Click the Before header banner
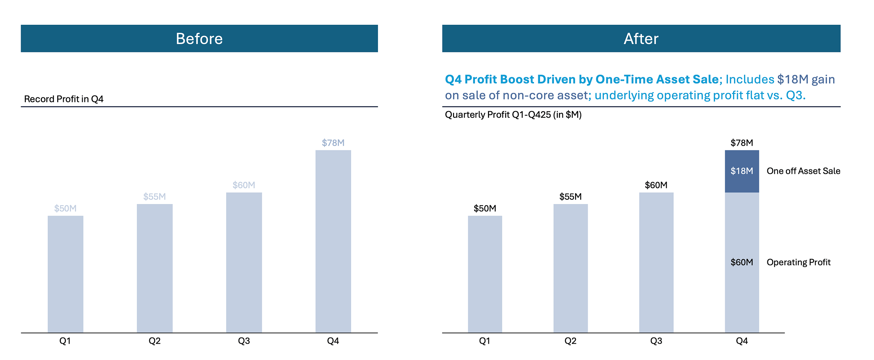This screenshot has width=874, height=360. click(x=199, y=39)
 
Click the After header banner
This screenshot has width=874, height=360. click(x=641, y=39)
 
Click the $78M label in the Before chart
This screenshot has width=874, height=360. click(x=333, y=143)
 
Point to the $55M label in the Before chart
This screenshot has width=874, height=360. click(x=154, y=197)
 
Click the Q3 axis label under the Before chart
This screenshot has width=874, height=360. click(x=244, y=341)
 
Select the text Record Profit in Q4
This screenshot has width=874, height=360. click(x=64, y=99)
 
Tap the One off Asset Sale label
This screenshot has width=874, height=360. click(x=803, y=171)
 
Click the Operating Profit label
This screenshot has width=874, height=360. click(x=798, y=262)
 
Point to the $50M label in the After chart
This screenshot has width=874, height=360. click(x=485, y=208)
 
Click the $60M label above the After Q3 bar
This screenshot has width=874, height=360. click(x=656, y=185)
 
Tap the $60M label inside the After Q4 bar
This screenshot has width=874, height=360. click(x=742, y=262)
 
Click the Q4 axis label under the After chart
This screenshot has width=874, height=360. click(x=742, y=341)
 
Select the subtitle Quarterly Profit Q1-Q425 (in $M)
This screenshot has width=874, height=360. click(x=513, y=115)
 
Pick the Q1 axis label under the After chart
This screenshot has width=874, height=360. click(x=485, y=341)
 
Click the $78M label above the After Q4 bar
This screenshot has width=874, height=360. click(x=742, y=143)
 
